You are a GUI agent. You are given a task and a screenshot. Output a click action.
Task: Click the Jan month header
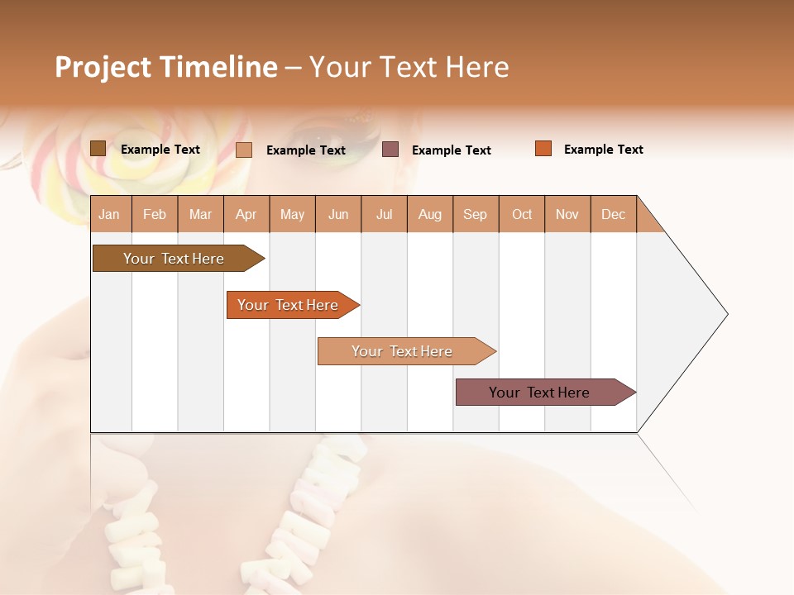(x=110, y=214)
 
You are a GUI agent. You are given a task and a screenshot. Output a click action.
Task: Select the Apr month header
(x=246, y=214)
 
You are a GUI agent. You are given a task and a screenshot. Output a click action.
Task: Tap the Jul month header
(x=384, y=214)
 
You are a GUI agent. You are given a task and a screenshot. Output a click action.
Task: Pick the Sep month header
(x=476, y=214)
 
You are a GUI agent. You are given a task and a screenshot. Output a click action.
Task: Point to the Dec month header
(x=613, y=214)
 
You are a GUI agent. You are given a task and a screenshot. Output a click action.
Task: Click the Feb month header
(x=155, y=214)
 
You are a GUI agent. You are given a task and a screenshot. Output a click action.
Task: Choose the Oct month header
(x=522, y=214)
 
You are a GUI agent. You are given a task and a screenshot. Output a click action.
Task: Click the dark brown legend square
(x=98, y=149)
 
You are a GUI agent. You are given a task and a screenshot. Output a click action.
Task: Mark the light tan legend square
(x=244, y=150)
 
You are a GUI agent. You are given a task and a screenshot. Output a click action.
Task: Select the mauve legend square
(x=390, y=150)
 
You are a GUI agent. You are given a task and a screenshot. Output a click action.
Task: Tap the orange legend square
(x=543, y=149)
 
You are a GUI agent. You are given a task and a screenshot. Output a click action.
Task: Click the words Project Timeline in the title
(x=166, y=67)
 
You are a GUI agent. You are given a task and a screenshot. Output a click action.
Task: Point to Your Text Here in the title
(x=409, y=67)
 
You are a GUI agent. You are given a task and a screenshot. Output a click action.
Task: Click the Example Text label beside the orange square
(x=603, y=150)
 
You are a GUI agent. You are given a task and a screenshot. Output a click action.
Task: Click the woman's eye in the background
(x=314, y=131)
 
